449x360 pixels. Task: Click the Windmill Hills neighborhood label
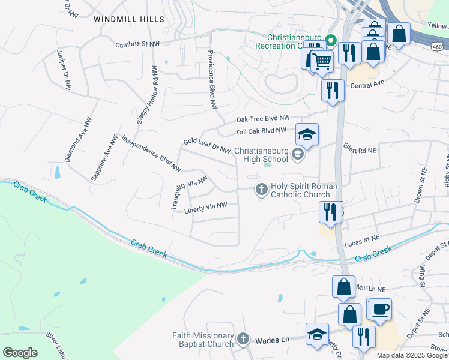(128, 19)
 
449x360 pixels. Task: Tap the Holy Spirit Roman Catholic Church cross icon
(261, 190)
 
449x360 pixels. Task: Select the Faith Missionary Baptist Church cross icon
(243, 340)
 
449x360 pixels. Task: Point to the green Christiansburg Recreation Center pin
(330, 41)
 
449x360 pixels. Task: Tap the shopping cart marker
(322, 60)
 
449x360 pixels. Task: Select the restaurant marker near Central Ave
(332, 91)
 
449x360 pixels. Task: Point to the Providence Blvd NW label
(212, 79)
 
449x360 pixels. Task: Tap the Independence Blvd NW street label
(151, 152)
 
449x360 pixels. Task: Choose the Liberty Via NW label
(206, 207)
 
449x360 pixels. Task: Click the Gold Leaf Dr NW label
(207, 145)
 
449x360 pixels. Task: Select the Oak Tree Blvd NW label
(263, 119)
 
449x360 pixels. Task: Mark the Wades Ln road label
(273, 340)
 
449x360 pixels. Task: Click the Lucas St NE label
(363, 245)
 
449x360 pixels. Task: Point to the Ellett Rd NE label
(359, 148)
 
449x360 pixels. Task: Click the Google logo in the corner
(20, 353)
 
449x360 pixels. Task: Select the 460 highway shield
(439, 46)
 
